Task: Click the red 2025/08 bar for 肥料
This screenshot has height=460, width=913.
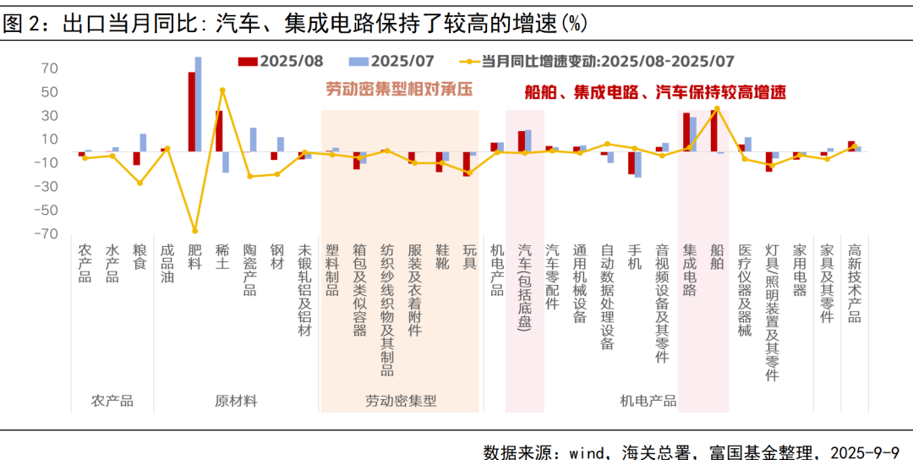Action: tap(192, 112)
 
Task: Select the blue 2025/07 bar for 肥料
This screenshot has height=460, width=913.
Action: tap(199, 104)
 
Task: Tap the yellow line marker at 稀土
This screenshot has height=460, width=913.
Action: tap(222, 90)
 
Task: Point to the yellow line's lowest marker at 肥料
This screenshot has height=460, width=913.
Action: tap(195, 231)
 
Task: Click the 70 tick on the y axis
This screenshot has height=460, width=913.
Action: tap(49, 68)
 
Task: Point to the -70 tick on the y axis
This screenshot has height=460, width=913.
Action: tap(46, 234)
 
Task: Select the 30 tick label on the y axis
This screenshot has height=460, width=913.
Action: tap(49, 116)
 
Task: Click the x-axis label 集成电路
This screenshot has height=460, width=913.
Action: tap(689, 271)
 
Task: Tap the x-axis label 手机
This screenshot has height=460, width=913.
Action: tap(634, 258)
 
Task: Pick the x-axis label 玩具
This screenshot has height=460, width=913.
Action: tap(469, 258)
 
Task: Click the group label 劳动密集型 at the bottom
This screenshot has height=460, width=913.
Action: tap(401, 401)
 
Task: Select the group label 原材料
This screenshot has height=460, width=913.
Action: tap(236, 401)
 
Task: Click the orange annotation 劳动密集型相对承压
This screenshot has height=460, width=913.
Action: tap(399, 89)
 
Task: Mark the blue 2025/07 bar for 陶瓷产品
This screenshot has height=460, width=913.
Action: tap(253, 140)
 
